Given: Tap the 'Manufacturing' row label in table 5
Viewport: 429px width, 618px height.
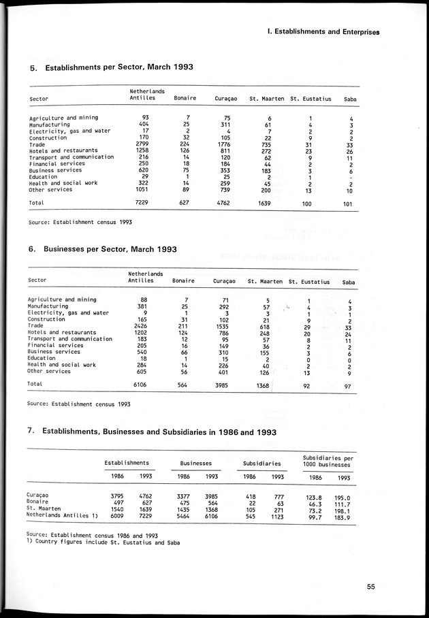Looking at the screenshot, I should point(50,125).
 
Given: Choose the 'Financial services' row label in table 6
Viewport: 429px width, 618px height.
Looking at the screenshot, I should point(54,345).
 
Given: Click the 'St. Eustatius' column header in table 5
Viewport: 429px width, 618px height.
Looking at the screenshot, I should point(311,99).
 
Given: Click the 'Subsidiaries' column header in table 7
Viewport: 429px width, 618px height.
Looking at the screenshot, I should point(262,463).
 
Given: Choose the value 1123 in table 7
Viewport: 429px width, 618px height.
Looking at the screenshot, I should point(276,515).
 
